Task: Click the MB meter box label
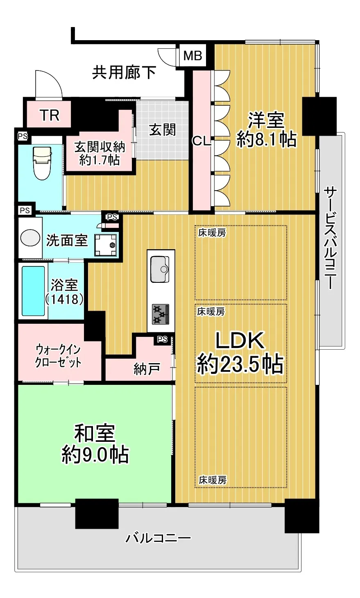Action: [x=193, y=56]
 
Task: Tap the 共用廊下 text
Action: [x=124, y=72]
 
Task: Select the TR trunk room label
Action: [x=50, y=115]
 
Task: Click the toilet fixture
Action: [x=42, y=163]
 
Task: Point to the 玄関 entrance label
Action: [x=163, y=130]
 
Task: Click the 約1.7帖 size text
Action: [x=100, y=160]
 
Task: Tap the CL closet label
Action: [x=202, y=141]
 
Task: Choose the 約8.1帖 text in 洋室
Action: [x=266, y=139]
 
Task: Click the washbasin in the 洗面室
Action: [x=30, y=238]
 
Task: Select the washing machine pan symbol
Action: [x=106, y=245]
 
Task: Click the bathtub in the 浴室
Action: [x=33, y=291]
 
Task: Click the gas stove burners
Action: [x=161, y=314]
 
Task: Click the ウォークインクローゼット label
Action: [x=58, y=356]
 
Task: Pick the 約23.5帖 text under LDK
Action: [x=240, y=364]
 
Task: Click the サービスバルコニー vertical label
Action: [x=331, y=238]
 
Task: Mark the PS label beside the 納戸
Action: [x=163, y=339]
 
